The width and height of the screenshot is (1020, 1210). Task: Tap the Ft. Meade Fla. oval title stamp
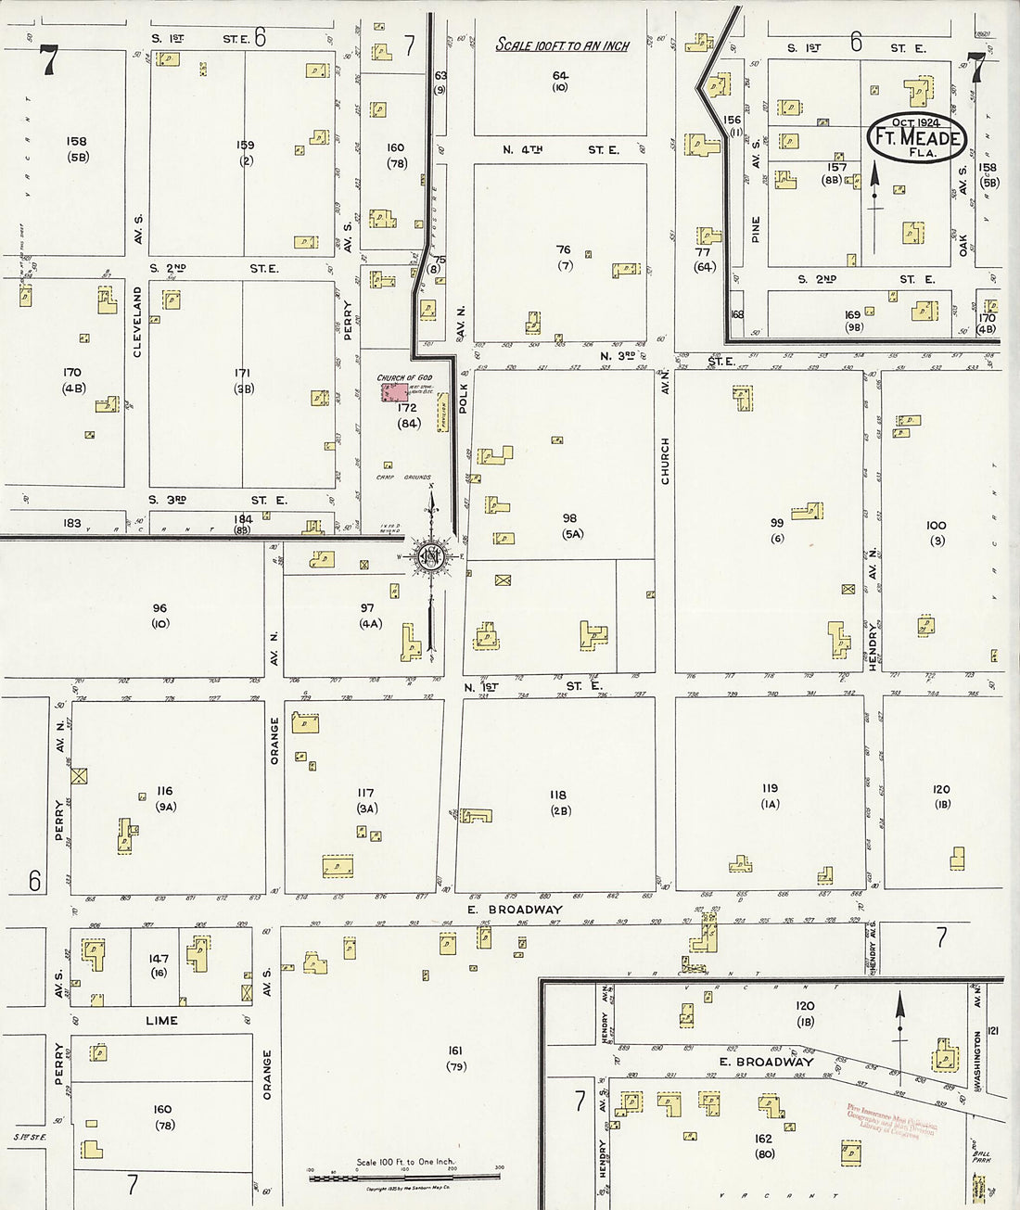(916, 138)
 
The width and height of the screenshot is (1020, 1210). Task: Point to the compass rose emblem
(431, 556)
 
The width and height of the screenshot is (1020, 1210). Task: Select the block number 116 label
(164, 791)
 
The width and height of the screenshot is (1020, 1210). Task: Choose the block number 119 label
(770, 789)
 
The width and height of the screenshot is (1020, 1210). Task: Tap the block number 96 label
(159, 608)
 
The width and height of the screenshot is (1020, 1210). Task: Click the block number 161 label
(455, 1051)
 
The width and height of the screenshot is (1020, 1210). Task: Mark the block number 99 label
(777, 523)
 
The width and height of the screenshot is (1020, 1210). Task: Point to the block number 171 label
(243, 373)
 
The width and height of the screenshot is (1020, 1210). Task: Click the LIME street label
(161, 1020)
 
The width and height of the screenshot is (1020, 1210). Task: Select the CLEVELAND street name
(137, 322)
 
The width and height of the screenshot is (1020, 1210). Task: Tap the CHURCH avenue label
(665, 461)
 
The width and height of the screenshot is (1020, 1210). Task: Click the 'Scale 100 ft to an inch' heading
(562, 45)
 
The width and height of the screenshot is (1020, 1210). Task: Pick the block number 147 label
(159, 959)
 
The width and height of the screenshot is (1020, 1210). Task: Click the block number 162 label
(764, 1139)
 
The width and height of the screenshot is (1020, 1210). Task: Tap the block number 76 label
(563, 250)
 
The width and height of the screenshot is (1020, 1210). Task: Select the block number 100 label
(936, 526)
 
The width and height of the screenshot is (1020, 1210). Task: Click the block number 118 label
(557, 795)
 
